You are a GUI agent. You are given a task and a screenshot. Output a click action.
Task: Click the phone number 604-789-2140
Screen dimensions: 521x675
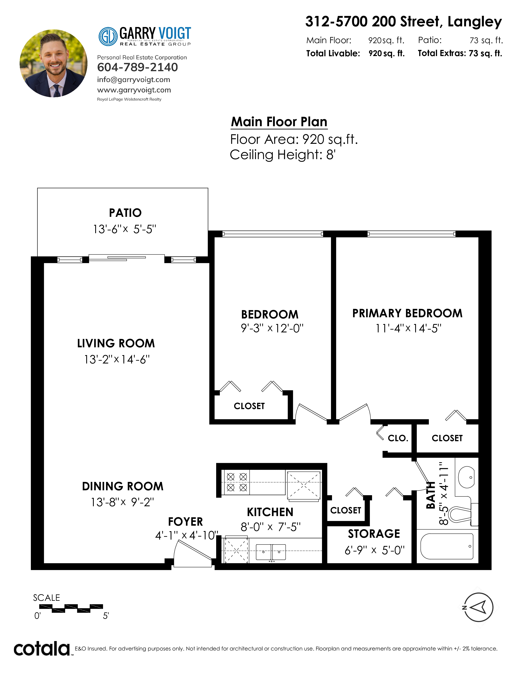(x=137, y=67)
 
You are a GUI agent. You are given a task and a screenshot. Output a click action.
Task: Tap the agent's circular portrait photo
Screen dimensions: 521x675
(x=53, y=63)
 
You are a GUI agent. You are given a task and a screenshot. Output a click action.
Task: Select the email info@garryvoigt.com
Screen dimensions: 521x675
(x=134, y=80)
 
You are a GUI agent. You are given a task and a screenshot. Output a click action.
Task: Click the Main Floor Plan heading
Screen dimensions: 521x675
(x=279, y=122)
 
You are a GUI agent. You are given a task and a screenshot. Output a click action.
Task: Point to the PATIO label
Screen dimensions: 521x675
(x=125, y=213)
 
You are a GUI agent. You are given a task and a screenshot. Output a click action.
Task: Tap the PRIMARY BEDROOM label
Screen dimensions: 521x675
(x=407, y=313)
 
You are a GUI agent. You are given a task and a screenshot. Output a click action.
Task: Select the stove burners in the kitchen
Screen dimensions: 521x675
(x=237, y=482)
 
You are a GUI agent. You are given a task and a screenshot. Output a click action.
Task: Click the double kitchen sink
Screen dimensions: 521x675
(x=271, y=552)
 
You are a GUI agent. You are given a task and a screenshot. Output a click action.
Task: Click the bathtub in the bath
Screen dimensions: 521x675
(x=447, y=546)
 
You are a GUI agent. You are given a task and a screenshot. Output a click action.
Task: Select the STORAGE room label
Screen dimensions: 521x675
(x=374, y=534)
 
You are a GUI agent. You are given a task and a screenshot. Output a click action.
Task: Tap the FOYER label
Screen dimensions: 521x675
(x=186, y=522)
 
